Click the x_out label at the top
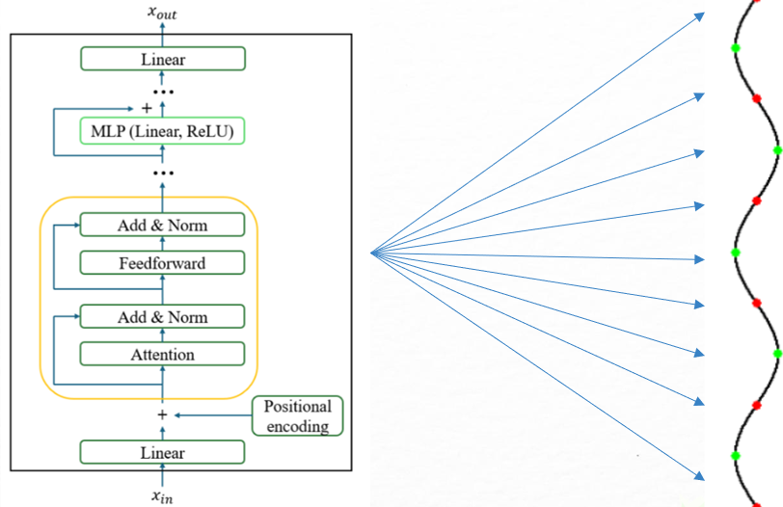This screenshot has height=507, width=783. click(162, 12)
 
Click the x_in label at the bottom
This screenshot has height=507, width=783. click(162, 496)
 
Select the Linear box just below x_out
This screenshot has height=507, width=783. click(162, 59)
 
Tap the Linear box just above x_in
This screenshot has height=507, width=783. click(162, 451)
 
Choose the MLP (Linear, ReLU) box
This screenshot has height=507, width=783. click(162, 130)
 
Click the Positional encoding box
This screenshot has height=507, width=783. click(297, 415)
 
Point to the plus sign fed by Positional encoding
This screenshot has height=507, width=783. click(162, 415)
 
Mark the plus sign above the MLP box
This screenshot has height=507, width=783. click(146, 107)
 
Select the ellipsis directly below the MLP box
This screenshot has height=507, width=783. click(162, 173)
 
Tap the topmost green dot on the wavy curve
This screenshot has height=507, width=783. click(736, 47)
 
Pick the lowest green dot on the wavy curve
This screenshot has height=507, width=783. click(736, 454)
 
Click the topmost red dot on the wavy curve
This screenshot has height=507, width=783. click(758, 98)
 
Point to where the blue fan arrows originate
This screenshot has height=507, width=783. click(372, 253)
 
